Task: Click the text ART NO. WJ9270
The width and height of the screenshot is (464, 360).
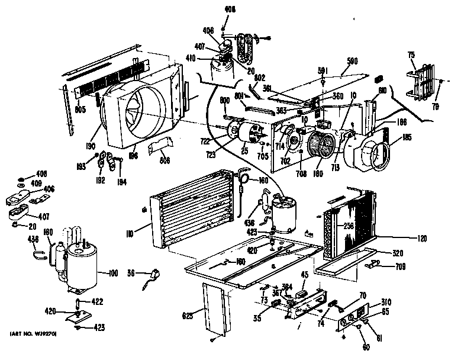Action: (x=33, y=335)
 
